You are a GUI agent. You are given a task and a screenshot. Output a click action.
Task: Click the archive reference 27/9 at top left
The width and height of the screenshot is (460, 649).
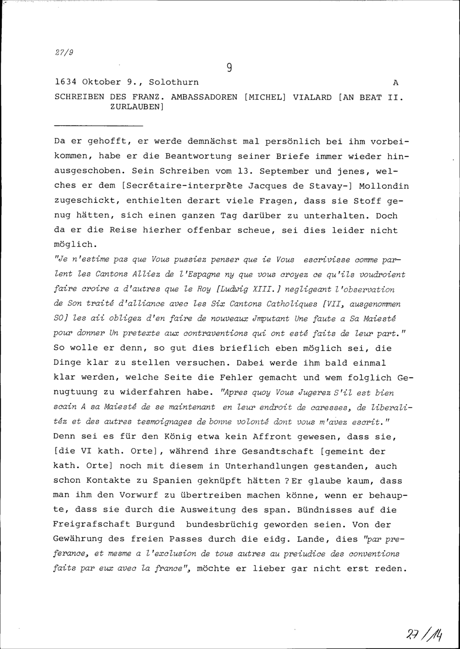pyautogui.click(x=64, y=52)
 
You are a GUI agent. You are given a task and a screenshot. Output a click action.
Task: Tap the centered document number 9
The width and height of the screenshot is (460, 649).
pyautogui.click(x=229, y=68)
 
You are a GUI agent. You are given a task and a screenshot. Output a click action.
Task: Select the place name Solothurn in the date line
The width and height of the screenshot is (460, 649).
pyautogui.click(x=174, y=82)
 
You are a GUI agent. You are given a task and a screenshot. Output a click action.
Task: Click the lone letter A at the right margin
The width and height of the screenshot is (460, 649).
pyautogui.click(x=396, y=83)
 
